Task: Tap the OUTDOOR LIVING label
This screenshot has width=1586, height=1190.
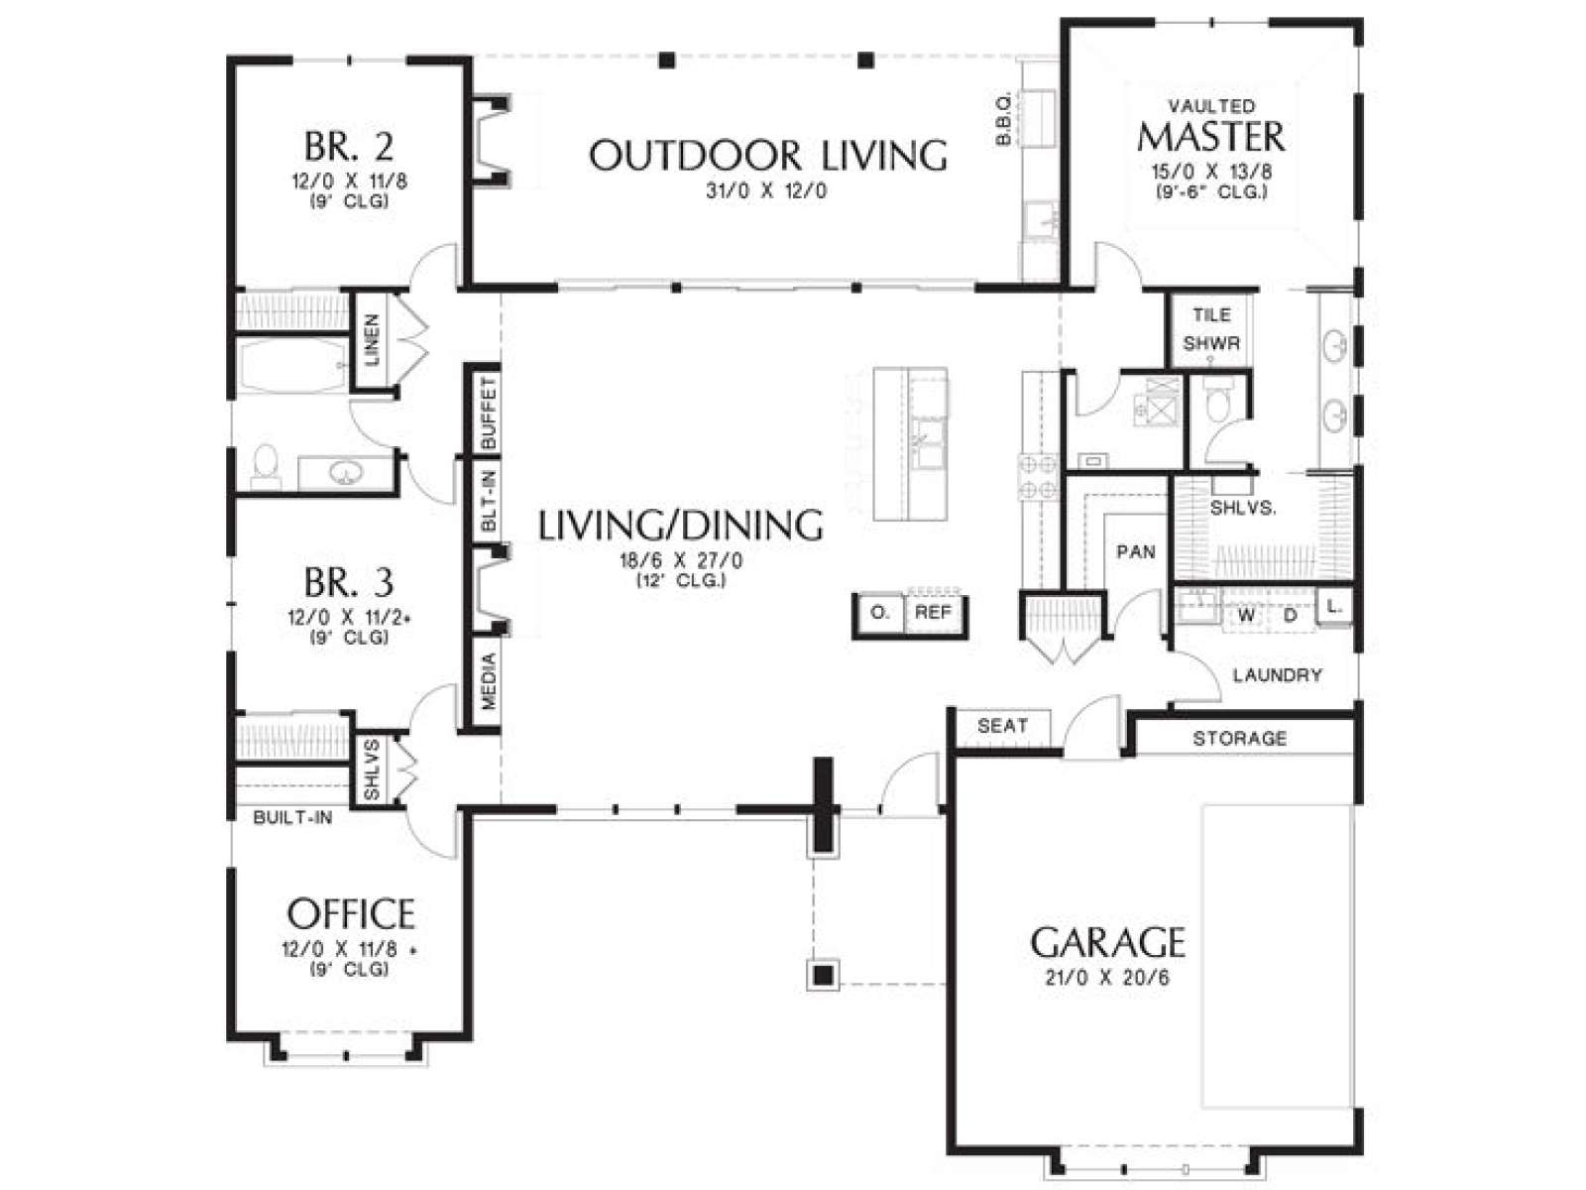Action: [x=767, y=156]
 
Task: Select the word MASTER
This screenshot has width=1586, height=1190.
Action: [x=1211, y=137]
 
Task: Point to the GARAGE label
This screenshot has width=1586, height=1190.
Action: [x=1107, y=941]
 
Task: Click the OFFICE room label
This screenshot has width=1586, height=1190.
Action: [x=351, y=913]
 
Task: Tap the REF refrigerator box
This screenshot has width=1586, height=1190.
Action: [x=933, y=613]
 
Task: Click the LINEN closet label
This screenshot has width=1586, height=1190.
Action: [x=372, y=339]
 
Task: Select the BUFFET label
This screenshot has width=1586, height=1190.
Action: [x=489, y=413]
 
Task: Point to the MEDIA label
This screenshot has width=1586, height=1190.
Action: [x=489, y=680]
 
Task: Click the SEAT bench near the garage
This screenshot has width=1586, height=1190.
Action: [x=1002, y=726]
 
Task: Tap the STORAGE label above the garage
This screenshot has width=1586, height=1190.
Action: [x=1239, y=738]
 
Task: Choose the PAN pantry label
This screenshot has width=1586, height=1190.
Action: [x=1136, y=552]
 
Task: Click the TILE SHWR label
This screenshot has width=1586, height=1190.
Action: [x=1211, y=329]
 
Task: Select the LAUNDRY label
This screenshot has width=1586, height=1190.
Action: [x=1277, y=675]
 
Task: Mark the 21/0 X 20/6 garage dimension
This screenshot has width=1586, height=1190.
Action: [x=1107, y=978]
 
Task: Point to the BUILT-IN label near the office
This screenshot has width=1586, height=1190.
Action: [x=292, y=817]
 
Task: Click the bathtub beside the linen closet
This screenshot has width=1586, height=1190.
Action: [x=291, y=366]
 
